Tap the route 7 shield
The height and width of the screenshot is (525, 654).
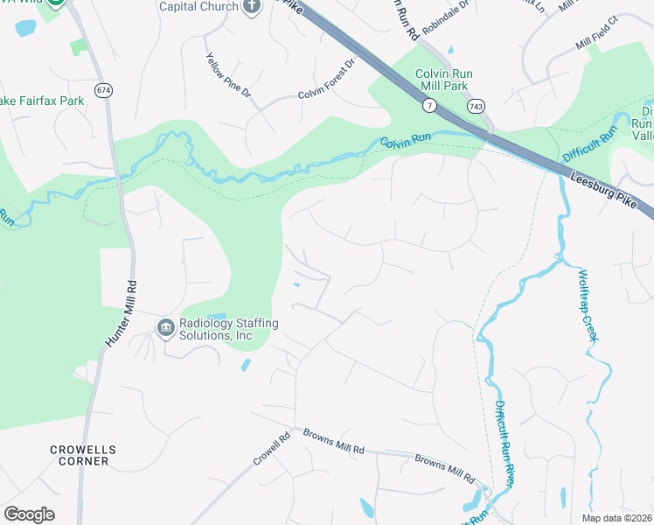[x=429, y=105]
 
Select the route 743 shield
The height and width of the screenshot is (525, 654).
[x=476, y=105]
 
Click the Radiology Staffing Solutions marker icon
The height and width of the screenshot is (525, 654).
[x=165, y=328]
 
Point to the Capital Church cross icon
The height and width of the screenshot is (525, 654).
[x=252, y=7]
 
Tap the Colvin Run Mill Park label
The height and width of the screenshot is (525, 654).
[x=442, y=80]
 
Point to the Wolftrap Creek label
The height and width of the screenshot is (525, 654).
[x=588, y=304]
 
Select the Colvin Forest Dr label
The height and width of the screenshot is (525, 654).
[x=328, y=80]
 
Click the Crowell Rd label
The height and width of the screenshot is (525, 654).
[x=271, y=451]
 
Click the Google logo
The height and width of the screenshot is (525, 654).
[x=29, y=514]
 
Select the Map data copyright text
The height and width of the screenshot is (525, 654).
[x=616, y=518]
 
